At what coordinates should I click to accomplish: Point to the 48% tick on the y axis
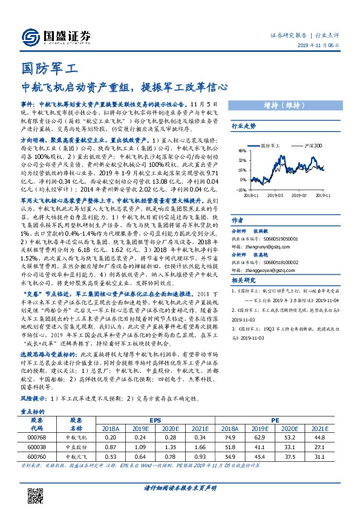(x=241, y=151)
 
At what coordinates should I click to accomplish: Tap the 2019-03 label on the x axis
(x=275, y=195)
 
